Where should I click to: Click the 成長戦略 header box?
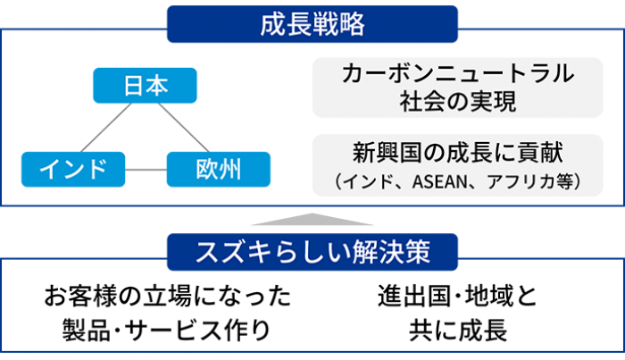(x=312, y=24)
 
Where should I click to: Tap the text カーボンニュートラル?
(x=457, y=75)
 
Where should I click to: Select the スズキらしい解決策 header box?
(x=312, y=253)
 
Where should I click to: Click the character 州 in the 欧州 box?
(x=230, y=168)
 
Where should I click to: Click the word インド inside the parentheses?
(x=365, y=181)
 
